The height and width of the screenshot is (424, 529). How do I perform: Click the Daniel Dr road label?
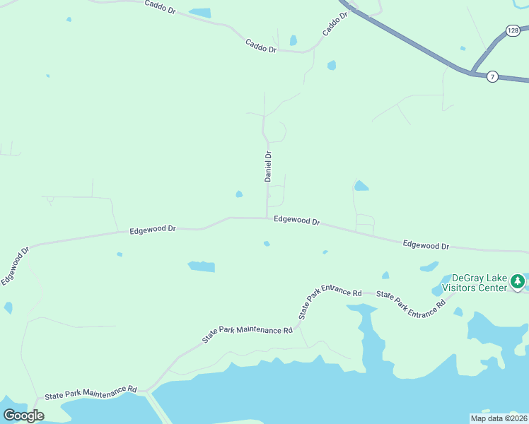click(x=268, y=166)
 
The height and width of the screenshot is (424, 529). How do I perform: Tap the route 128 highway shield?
click(x=513, y=30)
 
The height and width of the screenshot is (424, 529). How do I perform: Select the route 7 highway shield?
click(x=493, y=76)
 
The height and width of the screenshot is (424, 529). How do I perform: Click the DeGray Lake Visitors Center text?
click(x=470, y=283)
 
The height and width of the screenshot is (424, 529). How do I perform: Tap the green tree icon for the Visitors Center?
click(x=518, y=282)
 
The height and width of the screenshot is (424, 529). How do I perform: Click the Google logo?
click(x=23, y=416)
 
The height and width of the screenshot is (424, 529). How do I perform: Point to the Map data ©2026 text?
click(x=498, y=418)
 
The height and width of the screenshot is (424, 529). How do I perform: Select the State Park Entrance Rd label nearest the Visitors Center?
click(x=411, y=302)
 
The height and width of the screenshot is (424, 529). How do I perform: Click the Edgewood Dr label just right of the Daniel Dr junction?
click(x=297, y=220)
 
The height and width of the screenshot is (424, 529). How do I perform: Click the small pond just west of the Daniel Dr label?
click(x=239, y=194)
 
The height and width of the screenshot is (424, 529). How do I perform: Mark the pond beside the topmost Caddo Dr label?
click(x=200, y=13)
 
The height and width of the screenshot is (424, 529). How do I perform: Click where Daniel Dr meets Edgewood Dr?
click(x=267, y=218)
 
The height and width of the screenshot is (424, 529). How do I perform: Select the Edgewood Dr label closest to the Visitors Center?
click(x=426, y=245)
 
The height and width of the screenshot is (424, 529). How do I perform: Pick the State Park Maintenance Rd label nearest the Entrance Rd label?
click(x=247, y=335)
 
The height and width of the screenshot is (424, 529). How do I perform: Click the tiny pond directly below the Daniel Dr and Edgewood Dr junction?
click(x=267, y=244)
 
